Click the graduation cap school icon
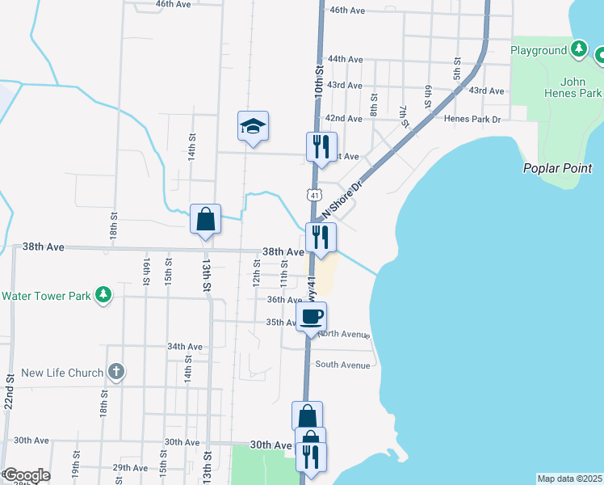(253, 126)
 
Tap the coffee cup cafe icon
(311, 316)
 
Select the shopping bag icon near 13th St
(206, 219)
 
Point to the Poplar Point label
(557, 169)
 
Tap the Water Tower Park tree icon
(103, 295)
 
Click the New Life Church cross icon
(116, 373)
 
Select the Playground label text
(539, 50)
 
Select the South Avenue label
(342, 365)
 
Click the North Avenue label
(343, 334)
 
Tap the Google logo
(26, 475)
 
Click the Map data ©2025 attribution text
(569, 479)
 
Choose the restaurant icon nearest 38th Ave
(321, 237)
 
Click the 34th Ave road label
(184, 346)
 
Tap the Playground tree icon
(578, 49)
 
